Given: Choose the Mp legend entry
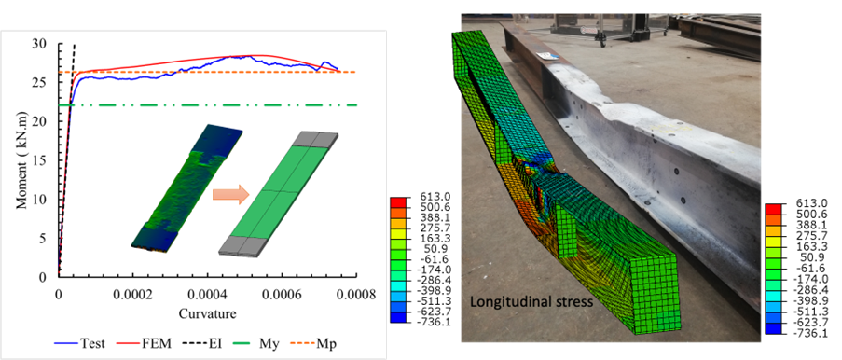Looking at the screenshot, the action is coord(303,342).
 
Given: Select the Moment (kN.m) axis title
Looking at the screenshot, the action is coord(21,159).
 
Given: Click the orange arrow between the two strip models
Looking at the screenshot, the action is coord(228,194).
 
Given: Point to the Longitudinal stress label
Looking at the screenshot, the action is coord(531,302).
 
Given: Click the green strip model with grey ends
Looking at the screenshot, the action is coord(279,194).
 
